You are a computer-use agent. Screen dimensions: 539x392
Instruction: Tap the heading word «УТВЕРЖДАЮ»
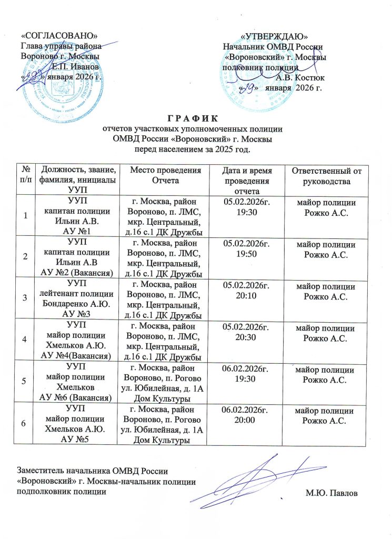point(274,36)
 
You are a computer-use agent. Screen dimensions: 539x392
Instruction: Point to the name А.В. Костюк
point(300,77)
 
